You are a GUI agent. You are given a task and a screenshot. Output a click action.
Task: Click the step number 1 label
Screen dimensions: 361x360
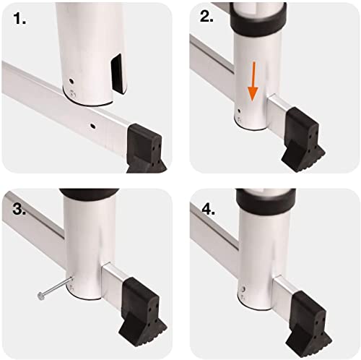click(x=19, y=19)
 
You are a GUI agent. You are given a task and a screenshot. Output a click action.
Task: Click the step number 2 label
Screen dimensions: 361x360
click(x=206, y=17)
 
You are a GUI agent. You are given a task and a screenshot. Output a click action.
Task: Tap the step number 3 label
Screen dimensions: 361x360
click(x=19, y=209)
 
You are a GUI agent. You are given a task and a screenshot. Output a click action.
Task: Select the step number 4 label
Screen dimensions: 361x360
click(x=209, y=210)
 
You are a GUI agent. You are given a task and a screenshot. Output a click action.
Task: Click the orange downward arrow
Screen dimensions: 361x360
click(x=253, y=81)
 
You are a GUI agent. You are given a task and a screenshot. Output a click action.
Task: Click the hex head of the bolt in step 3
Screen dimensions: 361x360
click(x=40, y=297)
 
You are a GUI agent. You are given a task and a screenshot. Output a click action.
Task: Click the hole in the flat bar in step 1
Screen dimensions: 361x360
click(x=92, y=126)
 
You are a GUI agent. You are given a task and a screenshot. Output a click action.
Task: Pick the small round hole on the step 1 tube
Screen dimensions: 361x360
click(x=71, y=81)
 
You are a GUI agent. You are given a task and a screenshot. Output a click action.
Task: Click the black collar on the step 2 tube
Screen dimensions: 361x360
click(x=258, y=19)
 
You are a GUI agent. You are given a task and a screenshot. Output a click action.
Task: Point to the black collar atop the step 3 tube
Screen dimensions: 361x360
click(x=90, y=194)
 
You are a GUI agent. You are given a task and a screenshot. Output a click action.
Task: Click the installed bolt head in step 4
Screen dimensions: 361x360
click(x=243, y=288)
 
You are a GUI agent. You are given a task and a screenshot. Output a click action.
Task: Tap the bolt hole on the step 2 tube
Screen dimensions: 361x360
click(x=239, y=111)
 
